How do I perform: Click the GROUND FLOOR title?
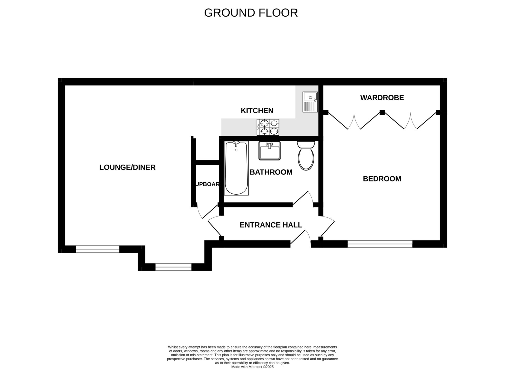click(x=251, y=13)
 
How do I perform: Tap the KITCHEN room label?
click(x=257, y=111)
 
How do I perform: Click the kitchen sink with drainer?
click(x=310, y=102)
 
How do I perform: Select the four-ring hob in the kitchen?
click(x=268, y=127)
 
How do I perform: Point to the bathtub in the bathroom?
click(x=236, y=168)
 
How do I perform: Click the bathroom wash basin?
click(x=269, y=151)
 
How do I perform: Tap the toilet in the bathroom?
click(x=306, y=155)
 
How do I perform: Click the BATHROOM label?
click(x=271, y=172)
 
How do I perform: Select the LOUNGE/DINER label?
click(x=127, y=167)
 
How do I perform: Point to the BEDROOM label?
click(x=382, y=179)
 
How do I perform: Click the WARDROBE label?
click(x=382, y=98)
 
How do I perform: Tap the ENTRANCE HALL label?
click(x=271, y=225)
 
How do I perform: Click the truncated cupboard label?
click(x=207, y=184)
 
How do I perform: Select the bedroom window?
click(x=380, y=244)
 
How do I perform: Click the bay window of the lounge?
click(x=173, y=267)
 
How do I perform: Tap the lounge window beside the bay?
click(x=98, y=249)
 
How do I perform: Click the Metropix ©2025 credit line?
click(x=252, y=367)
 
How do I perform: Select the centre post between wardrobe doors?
click(x=382, y=112)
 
